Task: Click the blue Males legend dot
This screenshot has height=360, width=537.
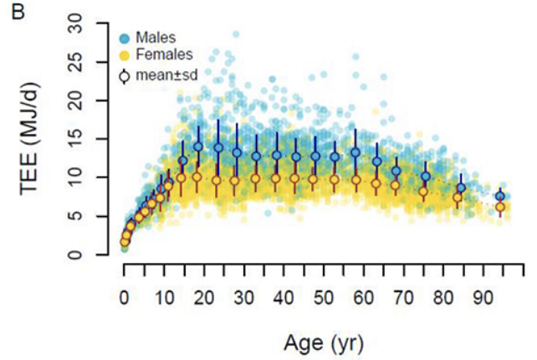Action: pos(124,38)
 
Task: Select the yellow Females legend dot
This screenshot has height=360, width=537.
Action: pos(124,55)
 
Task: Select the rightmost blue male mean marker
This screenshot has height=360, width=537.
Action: pos(500,196)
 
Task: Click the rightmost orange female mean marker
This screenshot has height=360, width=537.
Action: pos(500,207)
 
